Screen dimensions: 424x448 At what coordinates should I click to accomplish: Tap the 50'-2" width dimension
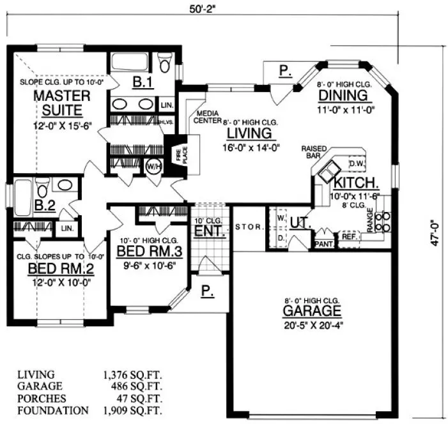pyautogui.click(x=203, y=8)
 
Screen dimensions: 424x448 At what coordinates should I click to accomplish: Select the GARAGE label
pyautogui.click(x=313, y=312)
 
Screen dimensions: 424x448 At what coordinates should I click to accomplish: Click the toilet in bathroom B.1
pyautogui.click(x=166, y=63)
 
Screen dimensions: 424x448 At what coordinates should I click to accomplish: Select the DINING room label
pyautogui.click(x=344, y=96)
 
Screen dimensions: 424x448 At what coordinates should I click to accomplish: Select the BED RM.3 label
pyautogui.click(x=150, y=251)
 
